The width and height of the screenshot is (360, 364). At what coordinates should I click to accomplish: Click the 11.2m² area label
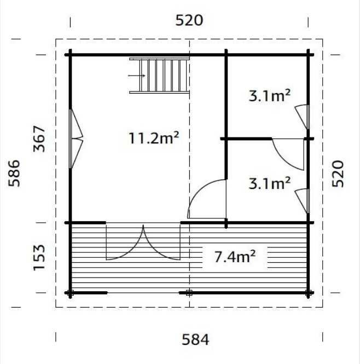click(x=154, y=138)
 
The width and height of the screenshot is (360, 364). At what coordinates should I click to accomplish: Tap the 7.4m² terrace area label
click(x=235, y=257)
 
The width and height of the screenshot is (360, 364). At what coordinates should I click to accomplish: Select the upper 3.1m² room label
click(x=269, y=96)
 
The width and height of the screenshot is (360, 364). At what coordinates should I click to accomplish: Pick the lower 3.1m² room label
click(x=269, y=183)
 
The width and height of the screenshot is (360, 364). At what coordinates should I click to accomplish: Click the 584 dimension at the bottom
click(x=195, y=339)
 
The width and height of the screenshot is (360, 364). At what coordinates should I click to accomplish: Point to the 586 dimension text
click(x=14, y=173)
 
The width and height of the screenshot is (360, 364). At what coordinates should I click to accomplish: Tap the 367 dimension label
click(x=39, y=139)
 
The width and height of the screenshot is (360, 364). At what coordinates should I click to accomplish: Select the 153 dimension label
click(x=39, y=258)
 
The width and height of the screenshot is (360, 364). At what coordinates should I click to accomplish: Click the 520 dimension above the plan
click(x=189, y=20)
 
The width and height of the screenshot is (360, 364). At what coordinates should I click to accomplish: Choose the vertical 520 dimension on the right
click(x=338, y=174)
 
